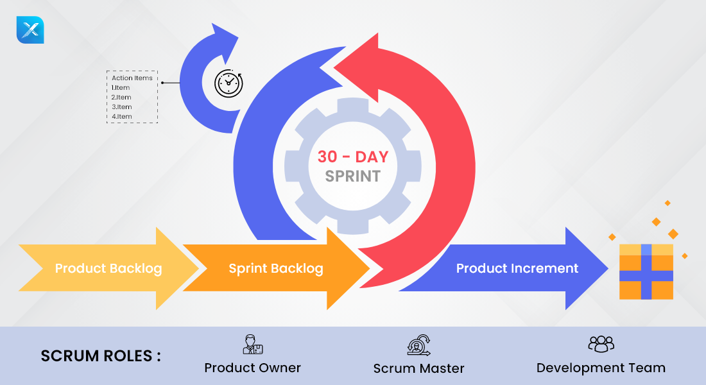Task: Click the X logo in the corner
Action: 30,30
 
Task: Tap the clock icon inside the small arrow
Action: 228,83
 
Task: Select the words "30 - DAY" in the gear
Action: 352,156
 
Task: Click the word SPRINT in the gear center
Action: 352,176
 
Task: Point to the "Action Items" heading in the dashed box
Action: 132,78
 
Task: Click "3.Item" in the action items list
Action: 121,107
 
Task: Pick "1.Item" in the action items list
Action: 121,88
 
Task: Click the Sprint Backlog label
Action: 276,268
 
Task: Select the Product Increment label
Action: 517,268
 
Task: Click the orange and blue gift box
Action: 646,271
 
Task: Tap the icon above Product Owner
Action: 253,345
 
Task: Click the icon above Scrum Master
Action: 419,345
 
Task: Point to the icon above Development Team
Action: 601,344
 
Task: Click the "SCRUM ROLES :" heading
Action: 101,355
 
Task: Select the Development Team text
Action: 601,368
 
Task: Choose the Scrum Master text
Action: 419,368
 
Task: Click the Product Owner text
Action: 253,368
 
